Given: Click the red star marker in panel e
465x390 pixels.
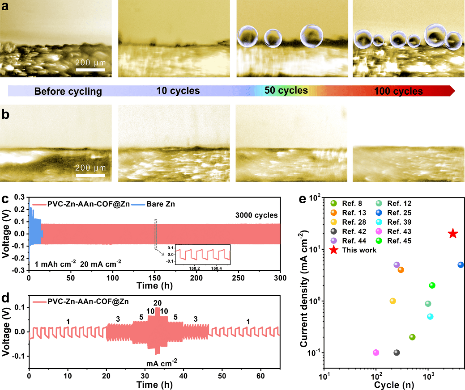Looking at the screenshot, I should (x=453, y=234).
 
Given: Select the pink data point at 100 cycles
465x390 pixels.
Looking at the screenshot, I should (x=376, y=352).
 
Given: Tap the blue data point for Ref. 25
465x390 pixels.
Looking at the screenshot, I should (x=461, y=264).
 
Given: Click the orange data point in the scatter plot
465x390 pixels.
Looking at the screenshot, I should (x=401, y=270).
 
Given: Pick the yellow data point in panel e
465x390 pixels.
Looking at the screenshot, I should (x=392, y=301).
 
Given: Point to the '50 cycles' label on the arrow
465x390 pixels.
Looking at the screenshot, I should (x=286, y=91).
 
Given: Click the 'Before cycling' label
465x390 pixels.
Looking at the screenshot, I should (x=68, y=92).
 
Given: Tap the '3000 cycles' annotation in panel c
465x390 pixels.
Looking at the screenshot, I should (x=257, y=216).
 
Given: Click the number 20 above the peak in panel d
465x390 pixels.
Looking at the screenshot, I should (x=157, y=302).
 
